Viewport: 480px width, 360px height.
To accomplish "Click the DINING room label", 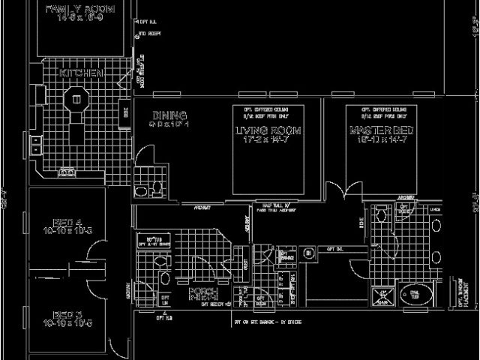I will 164,115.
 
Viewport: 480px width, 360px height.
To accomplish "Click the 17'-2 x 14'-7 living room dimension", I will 268,139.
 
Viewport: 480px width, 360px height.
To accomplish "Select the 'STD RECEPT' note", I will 145,34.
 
